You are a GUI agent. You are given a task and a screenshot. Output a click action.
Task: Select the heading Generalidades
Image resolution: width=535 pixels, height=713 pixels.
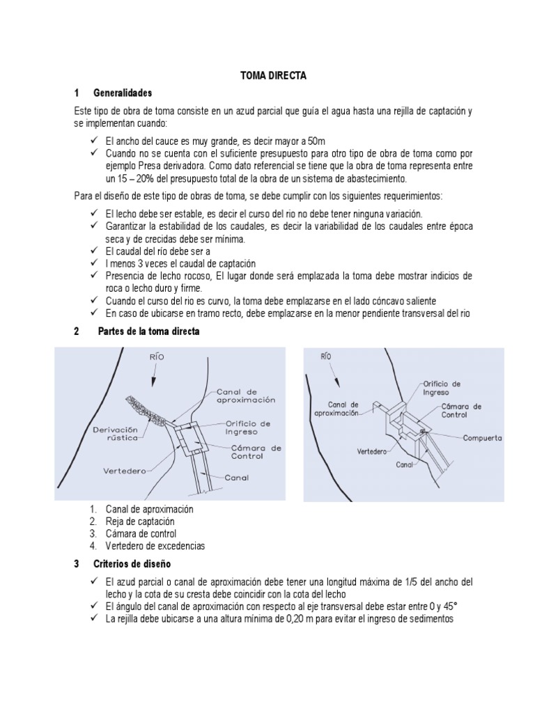tap(122, 93)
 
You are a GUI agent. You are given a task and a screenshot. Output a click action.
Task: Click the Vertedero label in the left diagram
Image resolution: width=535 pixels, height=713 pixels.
tap(126, 471)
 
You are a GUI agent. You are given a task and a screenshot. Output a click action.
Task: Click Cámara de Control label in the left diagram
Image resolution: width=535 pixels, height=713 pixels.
tap(256, 452)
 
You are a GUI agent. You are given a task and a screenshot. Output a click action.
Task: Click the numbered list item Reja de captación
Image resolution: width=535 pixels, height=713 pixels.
tap(140, 521)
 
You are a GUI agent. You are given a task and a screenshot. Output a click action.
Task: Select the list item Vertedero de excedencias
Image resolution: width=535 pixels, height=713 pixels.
tap(155, 545)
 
